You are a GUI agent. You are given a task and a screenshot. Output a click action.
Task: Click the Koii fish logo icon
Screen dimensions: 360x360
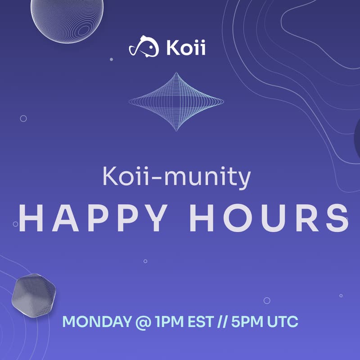coord(144,46)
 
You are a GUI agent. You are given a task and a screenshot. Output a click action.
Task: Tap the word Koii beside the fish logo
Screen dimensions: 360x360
coord(186,48)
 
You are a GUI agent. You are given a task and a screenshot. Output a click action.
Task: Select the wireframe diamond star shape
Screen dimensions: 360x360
coord(176,102)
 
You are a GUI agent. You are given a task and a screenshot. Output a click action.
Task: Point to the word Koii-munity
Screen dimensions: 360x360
coord(177,177)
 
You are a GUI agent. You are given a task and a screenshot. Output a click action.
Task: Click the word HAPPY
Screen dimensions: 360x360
coord(93,218)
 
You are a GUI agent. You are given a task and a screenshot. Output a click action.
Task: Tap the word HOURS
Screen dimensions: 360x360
coord(269,218)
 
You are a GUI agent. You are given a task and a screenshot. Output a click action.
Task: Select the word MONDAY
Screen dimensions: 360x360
coord(97,321)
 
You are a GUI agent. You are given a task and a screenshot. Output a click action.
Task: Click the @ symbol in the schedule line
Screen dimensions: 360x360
coord(143,322)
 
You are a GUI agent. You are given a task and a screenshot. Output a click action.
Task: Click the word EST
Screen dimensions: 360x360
coord(201,321)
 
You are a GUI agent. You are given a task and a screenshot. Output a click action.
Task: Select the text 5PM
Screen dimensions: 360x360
coord(247,321)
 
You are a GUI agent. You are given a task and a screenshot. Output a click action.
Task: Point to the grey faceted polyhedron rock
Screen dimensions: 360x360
coord(34,295)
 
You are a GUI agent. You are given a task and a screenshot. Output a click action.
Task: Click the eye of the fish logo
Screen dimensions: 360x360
coord(151,48)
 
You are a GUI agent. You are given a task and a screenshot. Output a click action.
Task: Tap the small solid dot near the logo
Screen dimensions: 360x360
coord(111,59)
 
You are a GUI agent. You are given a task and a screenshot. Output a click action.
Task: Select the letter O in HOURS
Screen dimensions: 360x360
coord(238,218)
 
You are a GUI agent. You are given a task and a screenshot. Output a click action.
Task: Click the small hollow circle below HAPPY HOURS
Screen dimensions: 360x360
coord(145,261)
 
